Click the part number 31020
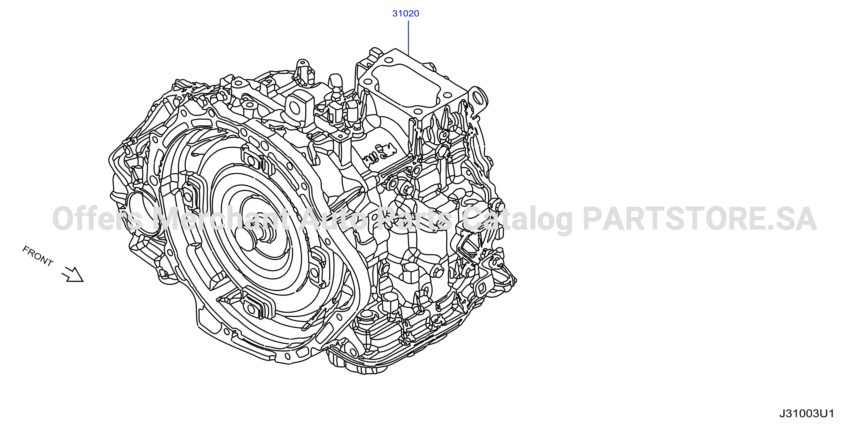pyautogui.click(x=405, y=14)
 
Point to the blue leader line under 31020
pyautogui.click(x=408, y=38)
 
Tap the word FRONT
pyautogui.click(x=38, y=256)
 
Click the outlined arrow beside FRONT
pyautogui.click(x=72, y=274)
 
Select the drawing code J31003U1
pyautogui.click(x=807, y=414)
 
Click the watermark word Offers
pyautogui.click(x=98, y=219)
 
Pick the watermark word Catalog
pyautogui.click(x=517, y=220)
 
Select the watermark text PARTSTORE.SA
pyautogui.click(x=700, y=219)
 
